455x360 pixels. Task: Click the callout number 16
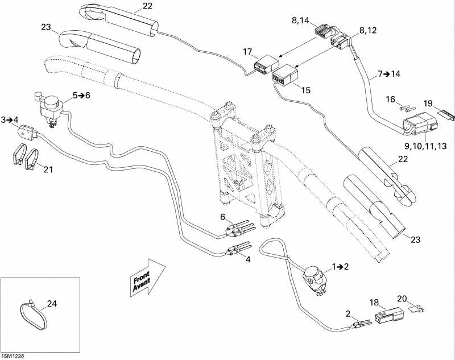(x=390, y=99)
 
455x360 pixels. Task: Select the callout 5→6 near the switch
(x=81, y=96)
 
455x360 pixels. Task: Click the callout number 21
(x=48, y=169)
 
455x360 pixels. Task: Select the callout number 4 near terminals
(x=247, y=259)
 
